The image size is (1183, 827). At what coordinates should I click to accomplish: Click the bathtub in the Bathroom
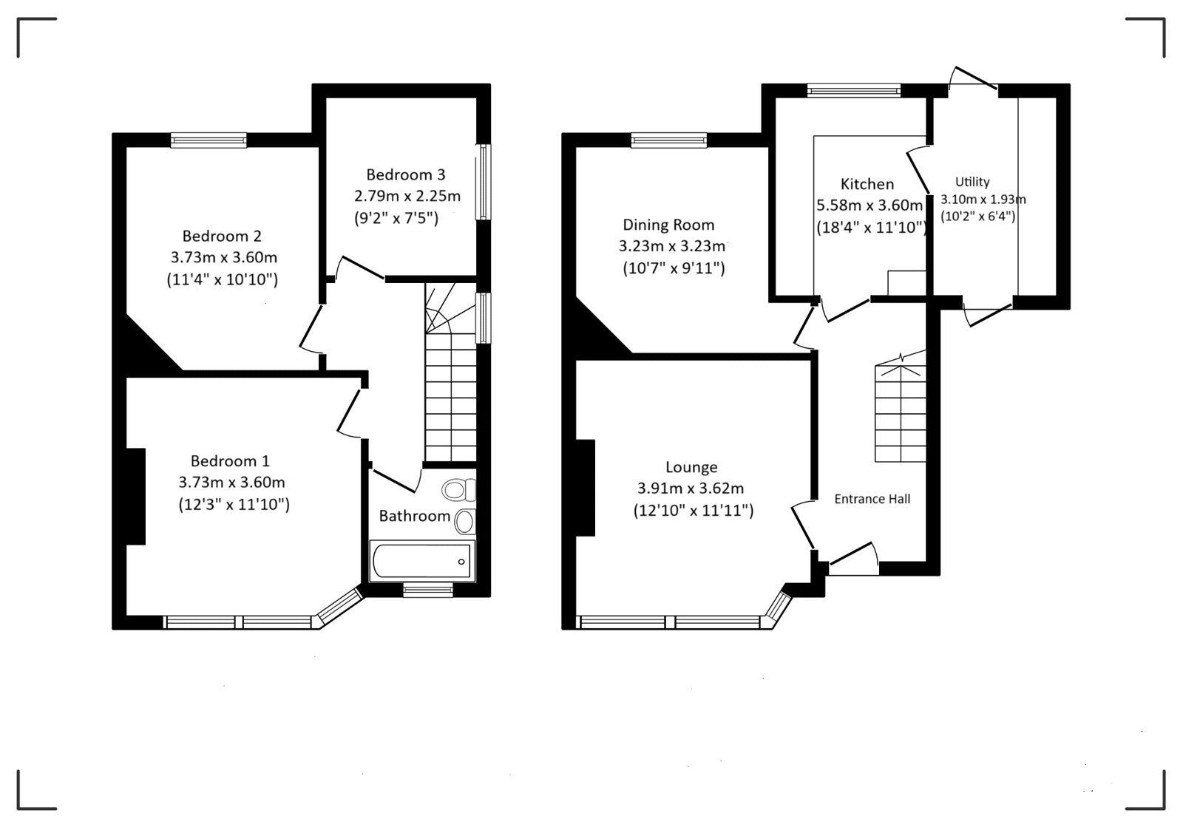(x=421, y=562)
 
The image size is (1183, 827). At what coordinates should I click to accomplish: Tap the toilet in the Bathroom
(x=458, y=490)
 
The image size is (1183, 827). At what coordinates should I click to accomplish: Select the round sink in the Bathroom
(x=464, y=522)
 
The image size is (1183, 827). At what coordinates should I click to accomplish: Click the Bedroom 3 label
(x=405, y=174)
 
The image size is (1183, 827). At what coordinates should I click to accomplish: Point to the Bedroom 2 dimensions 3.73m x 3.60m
(x=223, y=258)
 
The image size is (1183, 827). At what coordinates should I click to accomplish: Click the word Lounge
(x=691, y=467)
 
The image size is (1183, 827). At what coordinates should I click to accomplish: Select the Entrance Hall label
(x=872, y=499)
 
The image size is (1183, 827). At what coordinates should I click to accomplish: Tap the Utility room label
(x=972, y=182)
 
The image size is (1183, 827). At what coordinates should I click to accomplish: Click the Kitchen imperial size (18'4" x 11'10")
(x=871, y=228)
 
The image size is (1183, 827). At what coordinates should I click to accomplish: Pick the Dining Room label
(x=668, y=225)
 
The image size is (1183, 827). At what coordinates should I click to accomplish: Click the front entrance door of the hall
(x=852, y=559)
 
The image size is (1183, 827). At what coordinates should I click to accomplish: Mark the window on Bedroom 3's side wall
(x=484, y=181)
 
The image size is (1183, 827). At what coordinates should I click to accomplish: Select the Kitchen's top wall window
(x=854, y=91)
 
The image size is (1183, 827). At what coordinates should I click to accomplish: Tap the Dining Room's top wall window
(x=669, y=140)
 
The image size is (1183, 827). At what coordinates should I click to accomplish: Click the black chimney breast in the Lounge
(x=586, y=488)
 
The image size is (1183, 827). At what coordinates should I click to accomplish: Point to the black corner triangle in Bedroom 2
(x=144, y=347)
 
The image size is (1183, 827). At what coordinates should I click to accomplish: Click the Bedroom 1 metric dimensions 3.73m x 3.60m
(x=231, y=483)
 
